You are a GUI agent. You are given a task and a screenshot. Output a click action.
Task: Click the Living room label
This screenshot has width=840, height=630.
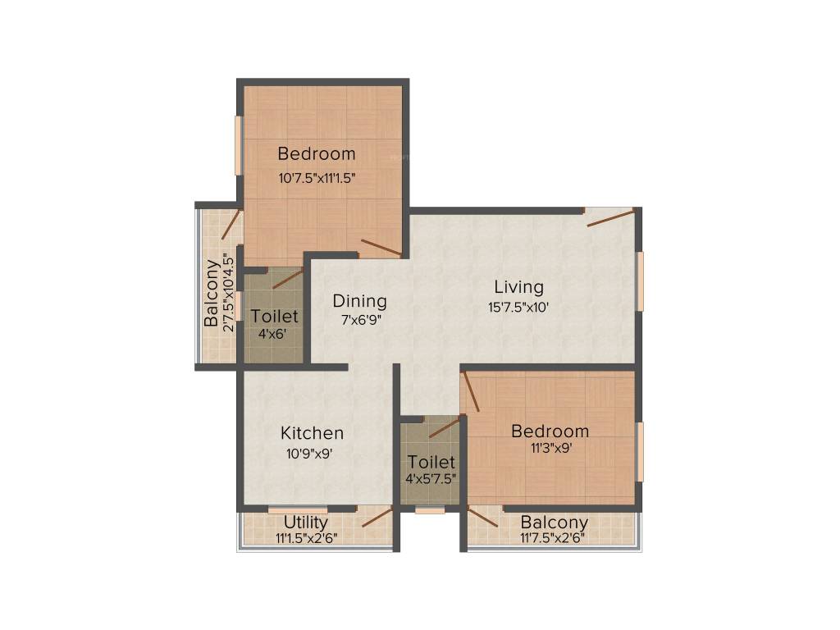(x=518, y=287)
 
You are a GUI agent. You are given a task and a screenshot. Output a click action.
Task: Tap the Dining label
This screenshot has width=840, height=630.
(x=360, y=301)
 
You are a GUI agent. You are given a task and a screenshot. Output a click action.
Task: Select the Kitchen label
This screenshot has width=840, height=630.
(x=312, y=432)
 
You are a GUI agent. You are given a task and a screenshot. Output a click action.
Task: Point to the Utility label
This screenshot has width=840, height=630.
(x=306, y=522)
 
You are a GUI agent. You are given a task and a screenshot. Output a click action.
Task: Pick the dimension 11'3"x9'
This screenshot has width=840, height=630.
(x=550, y=448)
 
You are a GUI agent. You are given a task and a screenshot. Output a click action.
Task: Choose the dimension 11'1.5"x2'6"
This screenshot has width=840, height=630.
(x=306, y=538)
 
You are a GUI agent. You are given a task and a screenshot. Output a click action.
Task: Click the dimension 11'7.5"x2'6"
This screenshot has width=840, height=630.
(x=552, y=538)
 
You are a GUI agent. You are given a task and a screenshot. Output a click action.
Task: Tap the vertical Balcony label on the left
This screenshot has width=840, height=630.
(x=212, y=294)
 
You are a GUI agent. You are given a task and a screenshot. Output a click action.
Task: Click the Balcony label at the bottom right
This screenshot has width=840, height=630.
(x=555, y=523)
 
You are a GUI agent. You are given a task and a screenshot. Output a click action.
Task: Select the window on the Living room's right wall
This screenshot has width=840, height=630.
(x=641, y=281)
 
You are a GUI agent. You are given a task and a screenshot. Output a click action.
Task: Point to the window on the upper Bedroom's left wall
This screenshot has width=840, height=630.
(x=239, y=145)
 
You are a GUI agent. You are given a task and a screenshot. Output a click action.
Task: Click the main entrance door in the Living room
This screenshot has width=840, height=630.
(x=610, y=217)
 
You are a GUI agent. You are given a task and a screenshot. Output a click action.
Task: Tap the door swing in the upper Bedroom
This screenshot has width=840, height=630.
(x=381, y=248)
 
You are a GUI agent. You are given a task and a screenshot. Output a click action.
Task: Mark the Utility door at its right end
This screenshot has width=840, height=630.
(x=377, y=516)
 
